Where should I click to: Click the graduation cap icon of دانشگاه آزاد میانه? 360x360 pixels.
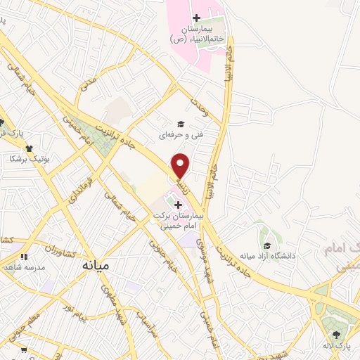268,245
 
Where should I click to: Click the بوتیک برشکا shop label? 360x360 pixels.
30,159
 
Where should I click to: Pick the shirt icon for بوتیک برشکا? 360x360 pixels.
30,148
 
